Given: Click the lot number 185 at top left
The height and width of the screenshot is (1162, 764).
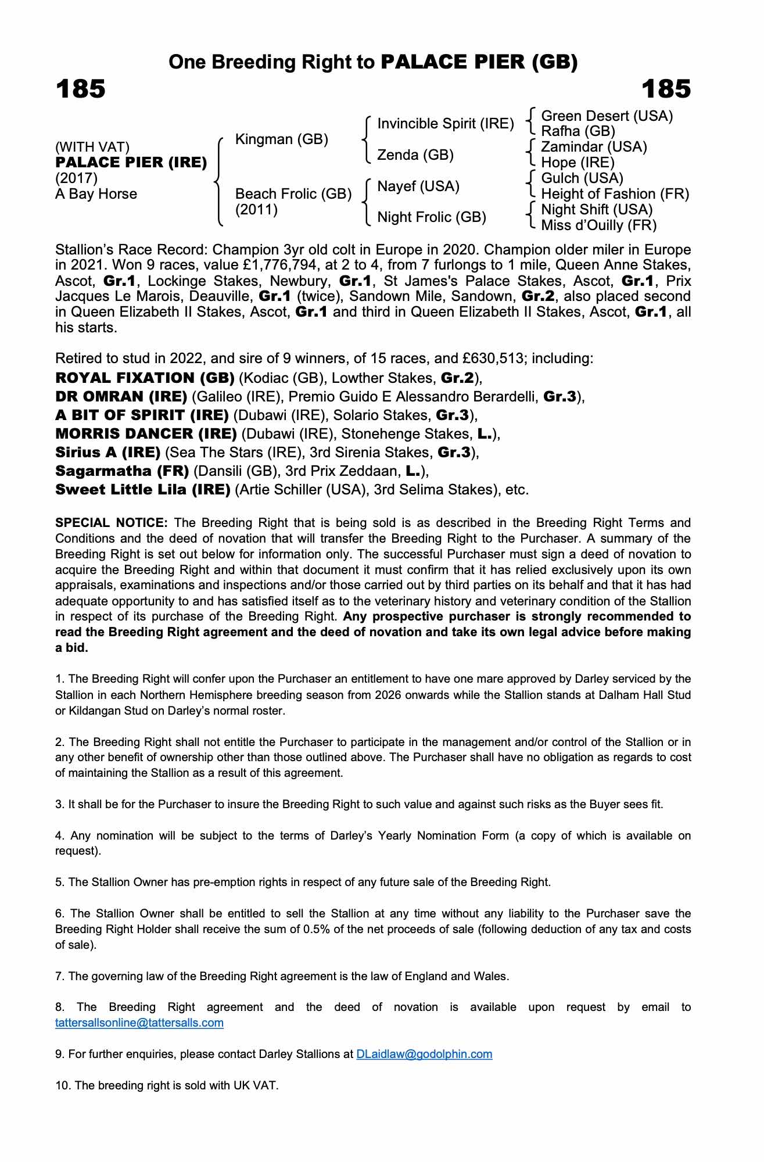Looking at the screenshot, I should (80, 89).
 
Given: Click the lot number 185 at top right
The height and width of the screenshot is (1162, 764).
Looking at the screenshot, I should (666, 89).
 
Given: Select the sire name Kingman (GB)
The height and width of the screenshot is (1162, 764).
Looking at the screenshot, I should (281, 139).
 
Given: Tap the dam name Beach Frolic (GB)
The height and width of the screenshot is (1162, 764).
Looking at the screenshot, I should (293, 194).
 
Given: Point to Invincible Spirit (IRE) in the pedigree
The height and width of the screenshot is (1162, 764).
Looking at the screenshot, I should (446, 124).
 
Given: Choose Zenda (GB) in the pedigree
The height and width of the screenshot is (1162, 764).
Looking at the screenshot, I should (415, 155).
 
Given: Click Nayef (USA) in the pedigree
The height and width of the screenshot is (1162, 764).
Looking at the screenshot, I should (418, 187).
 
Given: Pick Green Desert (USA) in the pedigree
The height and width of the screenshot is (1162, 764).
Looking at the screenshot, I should (607, 116).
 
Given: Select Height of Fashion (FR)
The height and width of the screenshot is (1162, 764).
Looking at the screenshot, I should (615, 194).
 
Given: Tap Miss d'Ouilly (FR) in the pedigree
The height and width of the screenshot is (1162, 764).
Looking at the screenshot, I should (598, 225).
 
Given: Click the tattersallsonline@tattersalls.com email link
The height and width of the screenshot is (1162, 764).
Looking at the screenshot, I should (139, 1023).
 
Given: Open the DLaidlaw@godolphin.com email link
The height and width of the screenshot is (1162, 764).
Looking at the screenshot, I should (424, 1054).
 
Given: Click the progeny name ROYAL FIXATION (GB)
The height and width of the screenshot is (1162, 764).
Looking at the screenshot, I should (145, 378).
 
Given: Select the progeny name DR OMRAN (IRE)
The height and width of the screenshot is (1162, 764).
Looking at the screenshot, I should (121, 397).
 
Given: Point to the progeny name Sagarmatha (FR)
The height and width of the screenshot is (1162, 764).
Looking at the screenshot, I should (122, 471).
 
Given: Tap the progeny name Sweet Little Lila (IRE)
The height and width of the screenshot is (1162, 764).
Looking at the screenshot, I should (143, 490).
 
